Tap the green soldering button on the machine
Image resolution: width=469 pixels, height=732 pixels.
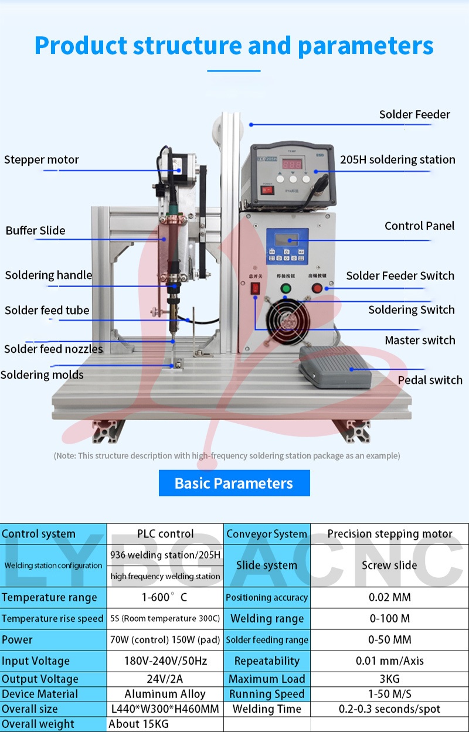coord(286,288)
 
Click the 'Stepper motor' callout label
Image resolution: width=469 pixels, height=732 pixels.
coord(41,159)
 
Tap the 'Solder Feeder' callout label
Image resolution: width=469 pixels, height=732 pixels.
coord(414,114)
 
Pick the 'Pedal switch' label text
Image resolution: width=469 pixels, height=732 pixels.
coord(430,380)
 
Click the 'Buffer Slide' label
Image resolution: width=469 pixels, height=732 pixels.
coord(35,230)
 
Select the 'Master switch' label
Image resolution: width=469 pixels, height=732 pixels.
coord(420,340)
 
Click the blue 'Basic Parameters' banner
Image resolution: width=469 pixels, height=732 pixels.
coord(234,483)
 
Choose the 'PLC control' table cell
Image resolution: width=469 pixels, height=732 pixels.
coord(165,534)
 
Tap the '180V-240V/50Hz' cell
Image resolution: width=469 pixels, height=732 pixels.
coord(165,660)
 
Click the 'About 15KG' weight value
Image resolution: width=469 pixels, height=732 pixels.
coord(139,724)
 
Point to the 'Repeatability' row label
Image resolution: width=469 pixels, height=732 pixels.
coord(267,660)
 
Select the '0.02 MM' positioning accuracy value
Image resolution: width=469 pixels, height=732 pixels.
coord(389,597)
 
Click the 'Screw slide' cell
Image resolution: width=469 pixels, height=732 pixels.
coord(389,565)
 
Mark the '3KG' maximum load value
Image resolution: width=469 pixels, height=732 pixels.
coord(389,679)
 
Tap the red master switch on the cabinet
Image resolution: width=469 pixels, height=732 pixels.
coord(255,288)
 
